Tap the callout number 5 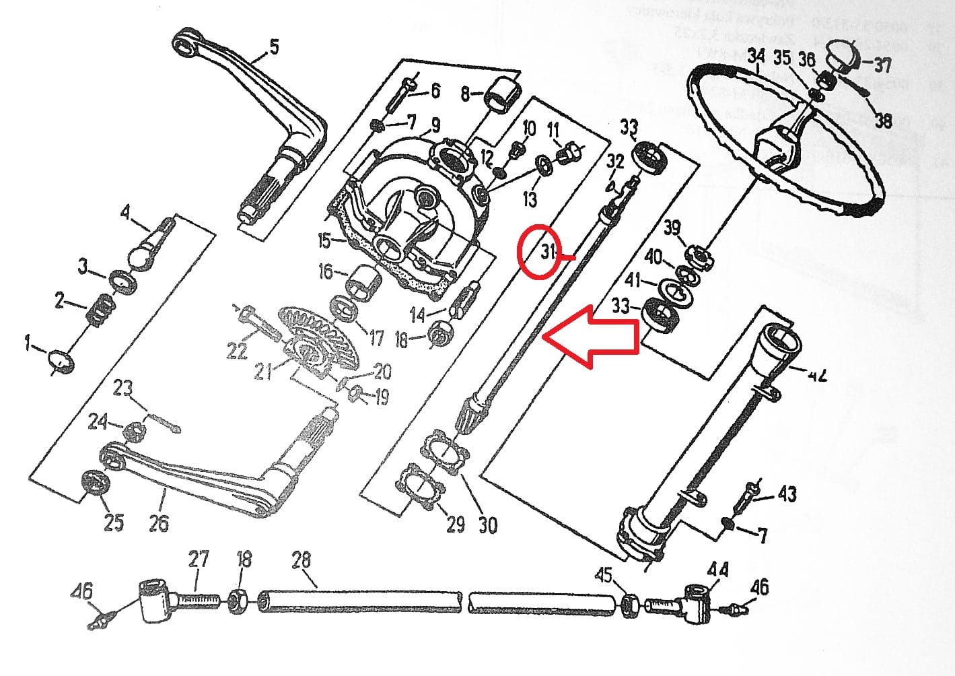[273, 46]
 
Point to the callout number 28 [301, 560]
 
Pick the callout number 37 [882, 65]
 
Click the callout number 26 [159, 522]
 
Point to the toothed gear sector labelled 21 [316, 337]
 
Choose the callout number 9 [435, 125]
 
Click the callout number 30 [487, 525]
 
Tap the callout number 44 [717, 570]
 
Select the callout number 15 [324, 240]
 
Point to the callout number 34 [757, 57]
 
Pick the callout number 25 [114, 522]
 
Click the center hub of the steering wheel [777, 145]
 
